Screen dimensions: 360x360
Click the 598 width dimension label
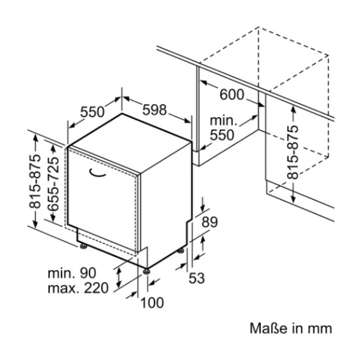click(x=154, y=110)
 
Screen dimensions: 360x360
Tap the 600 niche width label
click(x=232, y=94)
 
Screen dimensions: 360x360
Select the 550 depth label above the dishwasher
click(x=92, y=112)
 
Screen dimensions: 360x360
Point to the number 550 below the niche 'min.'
click(x=222, y=135)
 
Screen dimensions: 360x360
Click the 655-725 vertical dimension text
click(x=53, y=182)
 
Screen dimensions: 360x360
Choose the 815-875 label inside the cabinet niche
click(x=293, y=152)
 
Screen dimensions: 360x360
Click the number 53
click(x=196, y=279)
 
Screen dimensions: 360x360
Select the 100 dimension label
click(x=152, y=302)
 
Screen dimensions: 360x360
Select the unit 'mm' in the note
click(x=320, y=328)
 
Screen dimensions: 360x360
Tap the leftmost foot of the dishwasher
click(x=83, y=246)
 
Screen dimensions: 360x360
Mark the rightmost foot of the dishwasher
click(x=181, y=250)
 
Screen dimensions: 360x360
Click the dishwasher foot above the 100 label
click(x=147, y=270)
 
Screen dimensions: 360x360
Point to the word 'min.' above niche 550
click(x=223, y=120)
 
